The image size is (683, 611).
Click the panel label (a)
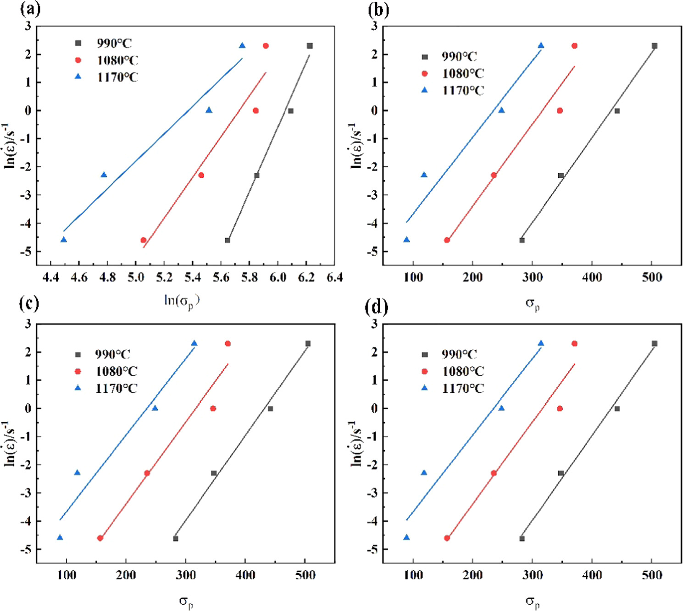pyautogui.click(x=30, y=9)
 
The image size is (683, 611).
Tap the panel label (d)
pyautogui.click(x=376, y=307)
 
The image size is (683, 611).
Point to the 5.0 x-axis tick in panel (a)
pyautogui.click(x=136, y=277)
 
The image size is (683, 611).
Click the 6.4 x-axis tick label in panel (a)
pyautogui.click(x=334, y=277)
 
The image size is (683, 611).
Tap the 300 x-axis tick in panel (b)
pyautogui.click(x=532, y=277)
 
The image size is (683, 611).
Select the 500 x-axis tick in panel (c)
pyautogui.click(x=305, y=575)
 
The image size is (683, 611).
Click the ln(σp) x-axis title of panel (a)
pyautogui.click(x=182, y=301)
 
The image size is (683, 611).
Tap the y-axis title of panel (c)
pyautogui.click(x=10, y=443)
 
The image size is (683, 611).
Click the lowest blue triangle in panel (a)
pyautogui.click(x=64, y=240)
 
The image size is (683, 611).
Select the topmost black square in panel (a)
pyautogui.click(x=310, y=46)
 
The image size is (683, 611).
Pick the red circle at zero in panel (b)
pyautogui.click(x=560, y=110)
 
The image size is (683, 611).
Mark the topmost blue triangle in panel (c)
pyautogui.click(x=194, y=343)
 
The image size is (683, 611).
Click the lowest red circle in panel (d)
pyautogui.click(x=447, y=538)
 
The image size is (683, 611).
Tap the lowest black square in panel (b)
pyautogui.click(x=522, y=240)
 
